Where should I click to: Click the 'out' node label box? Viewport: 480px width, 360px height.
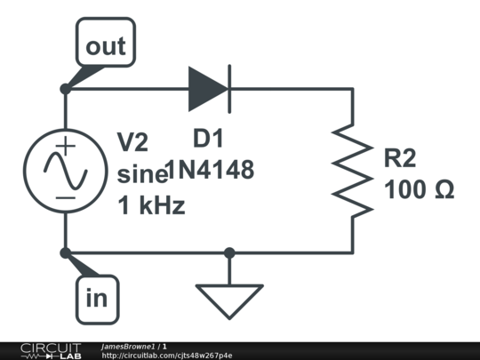[106, 42]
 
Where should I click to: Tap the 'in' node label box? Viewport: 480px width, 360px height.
[98, 300]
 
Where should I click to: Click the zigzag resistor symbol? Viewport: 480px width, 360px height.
[353, 171]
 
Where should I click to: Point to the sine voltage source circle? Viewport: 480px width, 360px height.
[66, 171]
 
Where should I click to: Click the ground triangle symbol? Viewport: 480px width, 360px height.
[229, 302]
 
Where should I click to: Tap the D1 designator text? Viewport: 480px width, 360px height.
[208, 139]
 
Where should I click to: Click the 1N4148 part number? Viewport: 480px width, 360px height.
[210, 169]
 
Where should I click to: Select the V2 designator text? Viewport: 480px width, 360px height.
[132, 142]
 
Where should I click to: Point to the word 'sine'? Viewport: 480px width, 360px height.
[142, 174]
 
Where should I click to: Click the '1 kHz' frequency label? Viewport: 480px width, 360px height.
[151, 205]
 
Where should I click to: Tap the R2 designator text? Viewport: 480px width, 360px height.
[400, 158]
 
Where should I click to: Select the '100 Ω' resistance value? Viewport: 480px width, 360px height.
[419, 189]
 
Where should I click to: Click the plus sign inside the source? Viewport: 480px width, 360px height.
[65, 146]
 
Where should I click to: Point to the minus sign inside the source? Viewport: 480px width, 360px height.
[65, 198]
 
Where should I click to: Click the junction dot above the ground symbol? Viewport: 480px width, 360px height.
[229, 253]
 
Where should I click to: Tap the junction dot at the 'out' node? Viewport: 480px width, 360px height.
[66, 89]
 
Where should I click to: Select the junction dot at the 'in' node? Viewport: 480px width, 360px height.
[66, 253]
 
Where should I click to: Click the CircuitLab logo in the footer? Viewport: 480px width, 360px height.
[52, 351]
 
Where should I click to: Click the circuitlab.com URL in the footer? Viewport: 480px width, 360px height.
[167, 356]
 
